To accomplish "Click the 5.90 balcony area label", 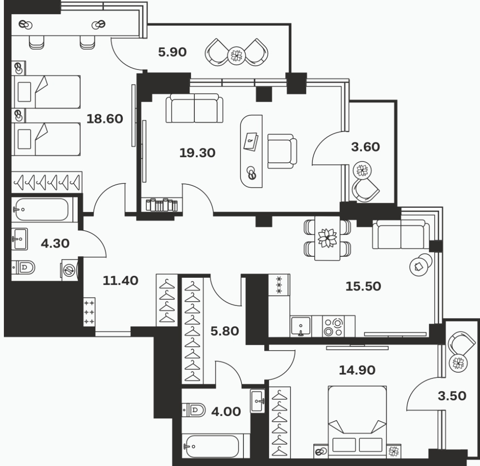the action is click(x=172, y=52).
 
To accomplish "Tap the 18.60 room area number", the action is click(x=104, y=119).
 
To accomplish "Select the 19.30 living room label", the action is click(x=197, y=153).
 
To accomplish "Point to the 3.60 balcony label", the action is click(x=365, y=147).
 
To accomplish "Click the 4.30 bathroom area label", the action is click(x=55, y=243).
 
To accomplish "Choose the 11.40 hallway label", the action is click(x=120, y=281).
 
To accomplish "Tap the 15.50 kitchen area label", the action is click(x=363, y=287).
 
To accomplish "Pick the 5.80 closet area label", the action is click(x=224, y=331).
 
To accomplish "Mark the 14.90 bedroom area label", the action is click(x=357, y=370).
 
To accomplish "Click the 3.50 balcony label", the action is click(x=452, y=396).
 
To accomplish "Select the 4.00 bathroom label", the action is click(x=226, y=412).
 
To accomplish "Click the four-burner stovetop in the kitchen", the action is click(x=333, y=326).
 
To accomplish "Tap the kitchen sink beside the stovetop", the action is click(x=301, y=326).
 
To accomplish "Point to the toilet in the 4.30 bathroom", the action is click(x=24, y=268).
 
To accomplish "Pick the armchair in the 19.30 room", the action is click(x=282, y=151).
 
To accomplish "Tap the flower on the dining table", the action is click(x=327, y=238).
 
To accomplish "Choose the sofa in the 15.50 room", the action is click(x=401, y=234).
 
